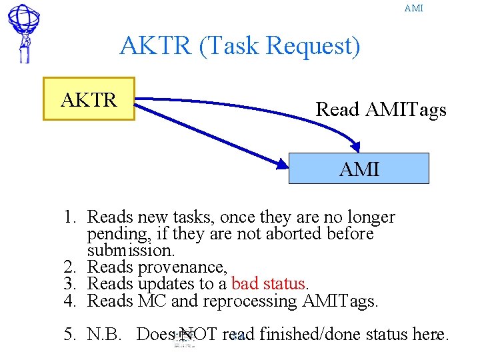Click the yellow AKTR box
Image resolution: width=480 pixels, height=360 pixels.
click(89, 99)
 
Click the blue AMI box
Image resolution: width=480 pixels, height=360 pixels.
click(359, 169)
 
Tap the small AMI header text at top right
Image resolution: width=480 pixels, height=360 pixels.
click(413, 9)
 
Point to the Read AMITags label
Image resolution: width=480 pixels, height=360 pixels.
click(381, 109)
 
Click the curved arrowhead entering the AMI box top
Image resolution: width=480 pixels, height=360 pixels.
click(359, 147)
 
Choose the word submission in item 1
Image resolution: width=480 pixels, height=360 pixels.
click(130, 251)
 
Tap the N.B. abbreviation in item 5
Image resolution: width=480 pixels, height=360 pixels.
click(105, 333)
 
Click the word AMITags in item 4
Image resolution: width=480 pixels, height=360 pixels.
click(339, 301)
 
